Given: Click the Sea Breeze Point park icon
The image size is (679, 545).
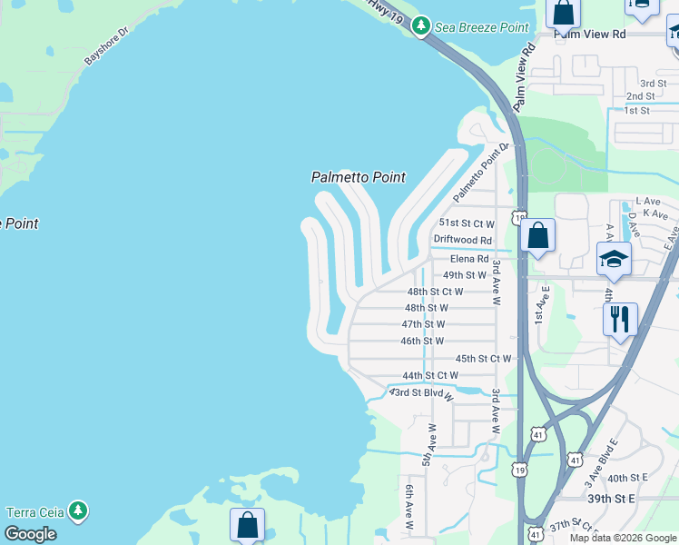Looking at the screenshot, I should tap(420, 27).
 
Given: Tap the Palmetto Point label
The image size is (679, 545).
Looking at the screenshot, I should tap(358, 177).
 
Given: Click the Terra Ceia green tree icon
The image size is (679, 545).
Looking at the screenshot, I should tap(79, 511).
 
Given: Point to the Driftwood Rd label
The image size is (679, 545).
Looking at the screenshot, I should tap(462, 240).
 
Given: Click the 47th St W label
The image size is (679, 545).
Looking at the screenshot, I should tap(423, 324).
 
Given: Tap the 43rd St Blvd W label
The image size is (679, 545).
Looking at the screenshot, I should tap(421, 393).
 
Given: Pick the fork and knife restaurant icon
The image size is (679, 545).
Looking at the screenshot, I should tap(620, 319).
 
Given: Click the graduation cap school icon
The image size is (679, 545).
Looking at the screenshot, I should tap(614, 259).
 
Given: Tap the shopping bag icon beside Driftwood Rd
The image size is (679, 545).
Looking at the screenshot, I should tap(538, 236).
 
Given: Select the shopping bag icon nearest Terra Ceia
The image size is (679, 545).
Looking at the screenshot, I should tap(247, 524).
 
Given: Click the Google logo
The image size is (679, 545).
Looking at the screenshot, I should tap(30, 534).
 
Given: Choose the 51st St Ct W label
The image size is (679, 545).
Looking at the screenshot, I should tap(467, 223).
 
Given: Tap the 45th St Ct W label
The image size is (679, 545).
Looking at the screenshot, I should tap(483, 359).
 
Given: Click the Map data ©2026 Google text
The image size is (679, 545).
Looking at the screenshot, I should tap(622, 538).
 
